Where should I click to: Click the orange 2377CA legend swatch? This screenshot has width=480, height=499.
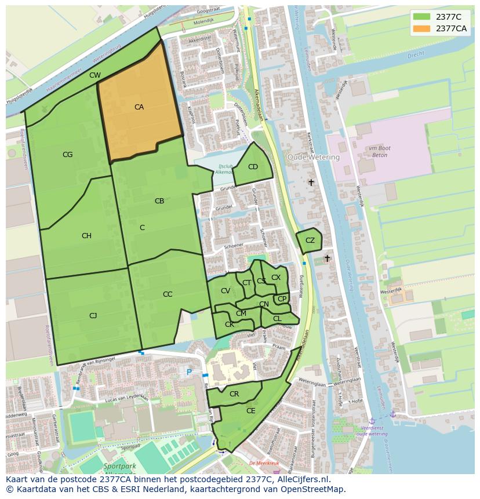pos(421,28)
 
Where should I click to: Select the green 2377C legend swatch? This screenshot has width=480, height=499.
pos(421,16)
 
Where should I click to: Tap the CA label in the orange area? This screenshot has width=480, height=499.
pos(139,107)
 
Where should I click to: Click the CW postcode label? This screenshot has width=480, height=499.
pos(95,75)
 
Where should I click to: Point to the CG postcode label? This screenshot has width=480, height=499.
pos(68,155)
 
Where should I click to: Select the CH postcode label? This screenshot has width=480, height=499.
pos(86,236)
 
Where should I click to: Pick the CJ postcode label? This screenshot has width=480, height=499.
pos(93,316)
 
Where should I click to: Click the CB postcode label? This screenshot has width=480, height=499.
pos(159,201)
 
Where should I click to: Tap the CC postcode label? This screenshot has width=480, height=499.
pos(168,294)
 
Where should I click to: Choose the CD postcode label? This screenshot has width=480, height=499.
pos(253,167)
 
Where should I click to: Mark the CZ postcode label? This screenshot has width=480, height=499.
pos(310,241)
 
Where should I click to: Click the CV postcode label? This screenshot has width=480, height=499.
pos(226,291)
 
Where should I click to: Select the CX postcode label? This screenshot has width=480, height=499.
pos(276,278)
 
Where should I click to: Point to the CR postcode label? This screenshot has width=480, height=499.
pos(234,394)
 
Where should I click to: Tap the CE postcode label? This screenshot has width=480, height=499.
pos(251,411)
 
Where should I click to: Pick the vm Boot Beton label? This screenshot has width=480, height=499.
pos(380,152)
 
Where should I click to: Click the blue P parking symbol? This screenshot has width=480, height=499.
pos(188,371)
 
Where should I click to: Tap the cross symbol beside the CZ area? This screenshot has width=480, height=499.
pos(327,258)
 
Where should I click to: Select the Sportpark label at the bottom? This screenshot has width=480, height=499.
pos(120,466)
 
